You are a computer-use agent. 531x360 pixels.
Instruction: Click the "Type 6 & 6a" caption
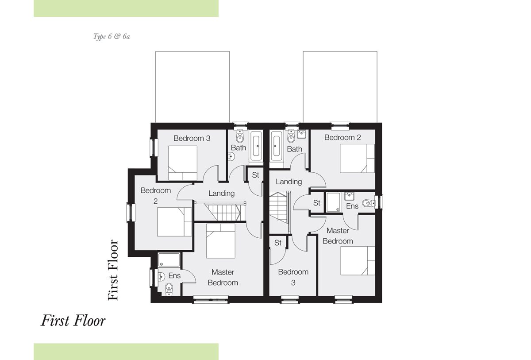click(x=112, y=36)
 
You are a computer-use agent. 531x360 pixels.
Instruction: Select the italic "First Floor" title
click(x=73, y=321)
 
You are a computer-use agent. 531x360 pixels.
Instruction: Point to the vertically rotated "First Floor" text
click(x=113, y=270)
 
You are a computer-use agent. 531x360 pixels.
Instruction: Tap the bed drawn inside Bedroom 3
click(x=183, y=163)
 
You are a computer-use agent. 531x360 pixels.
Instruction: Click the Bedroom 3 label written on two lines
click(x=293, y=277)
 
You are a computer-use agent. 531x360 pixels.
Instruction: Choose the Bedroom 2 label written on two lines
click(x=155, y=196)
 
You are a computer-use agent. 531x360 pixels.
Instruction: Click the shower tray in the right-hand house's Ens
click(x=333, y=202)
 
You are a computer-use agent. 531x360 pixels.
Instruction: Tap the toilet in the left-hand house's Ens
click(x=169, y=289)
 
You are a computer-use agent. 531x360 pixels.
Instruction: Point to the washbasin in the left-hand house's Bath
click(x=231, y=157)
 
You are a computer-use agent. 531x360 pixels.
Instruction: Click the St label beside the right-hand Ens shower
click(x=317, y=203)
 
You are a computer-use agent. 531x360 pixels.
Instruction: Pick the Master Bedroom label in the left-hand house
click(x=223, y=277)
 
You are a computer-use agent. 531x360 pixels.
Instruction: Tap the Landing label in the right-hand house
click(x=289, y=182)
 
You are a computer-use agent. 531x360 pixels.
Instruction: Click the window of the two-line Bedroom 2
click(x=130, y=213)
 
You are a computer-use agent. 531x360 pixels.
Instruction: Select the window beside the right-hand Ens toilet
click(x=380, y=202)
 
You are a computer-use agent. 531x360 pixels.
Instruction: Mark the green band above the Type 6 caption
click(x=126, y=8)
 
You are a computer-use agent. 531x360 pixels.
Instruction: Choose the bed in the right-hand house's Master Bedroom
click(x=358, y=261)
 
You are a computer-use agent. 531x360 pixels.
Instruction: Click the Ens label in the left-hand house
click(x=174, y=275)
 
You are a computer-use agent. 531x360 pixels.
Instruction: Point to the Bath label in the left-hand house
click(x=239, y=148)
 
